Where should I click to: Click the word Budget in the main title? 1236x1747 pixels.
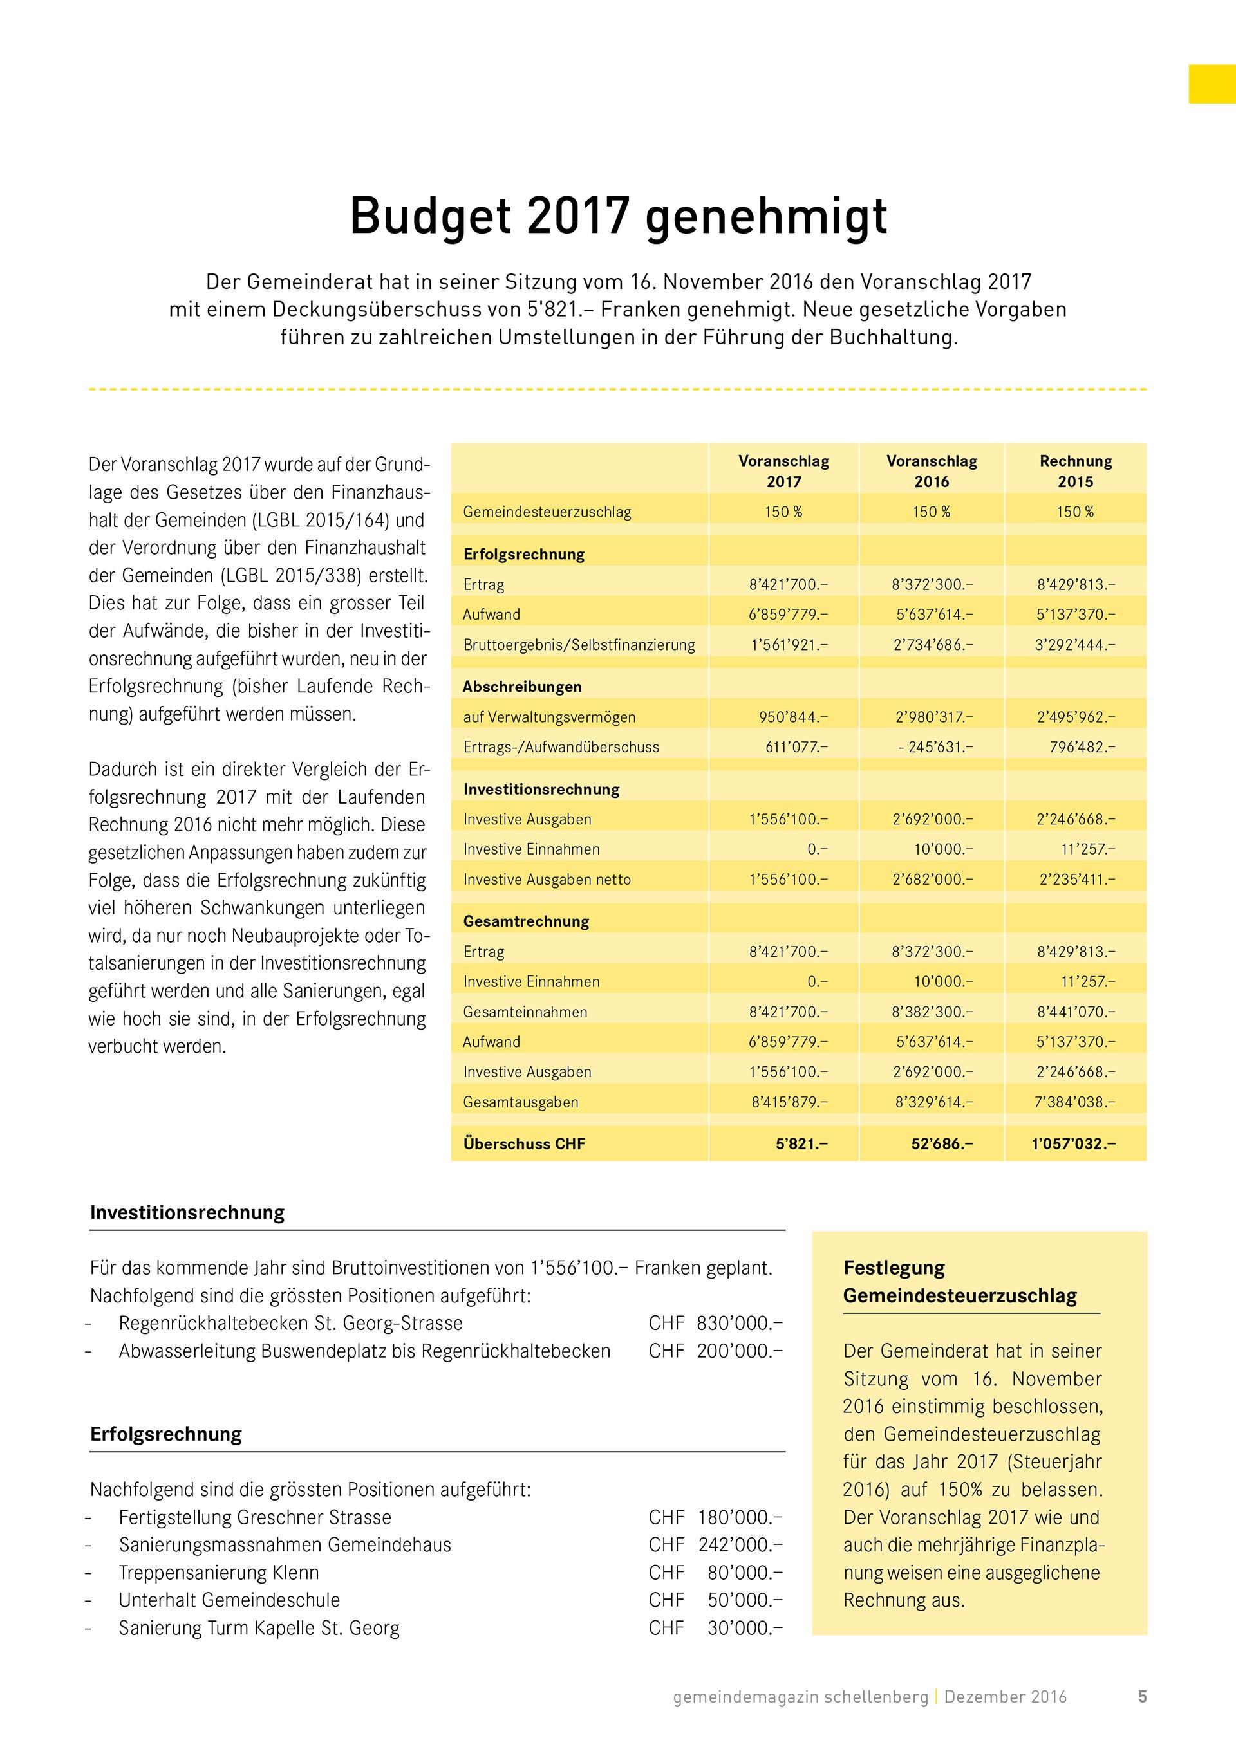pos(430,217)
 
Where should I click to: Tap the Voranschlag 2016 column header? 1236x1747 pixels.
pos(932,471)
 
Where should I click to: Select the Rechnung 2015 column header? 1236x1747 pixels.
pos(1076,471)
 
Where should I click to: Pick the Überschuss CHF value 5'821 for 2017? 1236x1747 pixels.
pos(801,1143)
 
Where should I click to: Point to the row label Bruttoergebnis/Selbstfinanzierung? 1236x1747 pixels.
pos(579,645)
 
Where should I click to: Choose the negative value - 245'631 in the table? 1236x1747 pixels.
pos(935,747)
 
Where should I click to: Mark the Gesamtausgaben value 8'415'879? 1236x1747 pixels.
pos(789,1102)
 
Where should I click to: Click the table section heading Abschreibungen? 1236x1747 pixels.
pos(522,687)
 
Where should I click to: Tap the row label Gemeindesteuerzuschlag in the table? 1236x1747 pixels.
pos(547,512)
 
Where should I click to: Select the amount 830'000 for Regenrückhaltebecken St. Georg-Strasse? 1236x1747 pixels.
pos(739,1323)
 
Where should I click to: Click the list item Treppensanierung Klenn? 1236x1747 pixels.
pos(218,1572)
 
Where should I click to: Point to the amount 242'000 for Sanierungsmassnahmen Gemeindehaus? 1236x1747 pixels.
pos(740,1544)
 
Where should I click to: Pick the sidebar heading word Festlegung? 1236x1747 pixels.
pos(894,1268)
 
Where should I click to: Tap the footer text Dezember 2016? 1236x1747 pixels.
pos(1005,1697)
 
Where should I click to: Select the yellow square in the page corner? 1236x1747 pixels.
pos(1212,84)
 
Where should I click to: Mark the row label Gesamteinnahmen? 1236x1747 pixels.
pos(525,1012)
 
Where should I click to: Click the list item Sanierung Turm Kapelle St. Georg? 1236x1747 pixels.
pos(259,1627)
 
